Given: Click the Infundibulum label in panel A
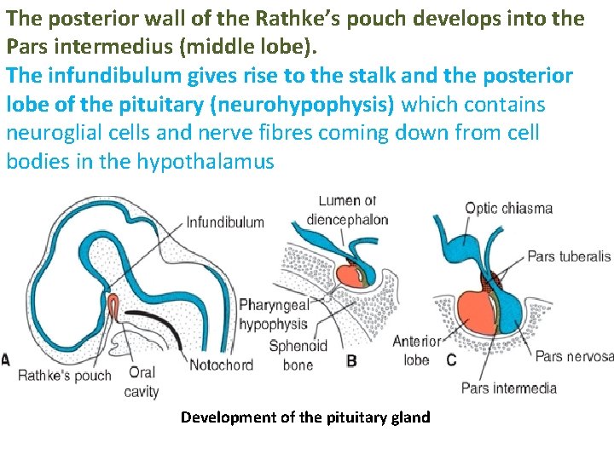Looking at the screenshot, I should [x=225, y=222].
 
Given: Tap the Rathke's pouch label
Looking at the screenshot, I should [x=65, y=375].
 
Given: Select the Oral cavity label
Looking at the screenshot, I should [x=142, y=382].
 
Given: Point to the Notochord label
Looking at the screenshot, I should [x=220, y=365].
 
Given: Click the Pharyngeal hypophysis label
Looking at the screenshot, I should [x=273, y=313].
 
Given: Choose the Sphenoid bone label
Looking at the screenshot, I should [x=298, y=355].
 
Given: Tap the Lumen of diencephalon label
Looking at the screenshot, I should [x=347, y=210].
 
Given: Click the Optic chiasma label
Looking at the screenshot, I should [x=508, y=208].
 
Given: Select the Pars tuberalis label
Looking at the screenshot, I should [x=569, y=256].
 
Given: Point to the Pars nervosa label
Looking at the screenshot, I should [x=574, y=356].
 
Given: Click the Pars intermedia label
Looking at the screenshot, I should [x=509, y=388].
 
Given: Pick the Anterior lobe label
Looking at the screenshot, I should [x=416, y=350].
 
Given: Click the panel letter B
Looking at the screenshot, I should [x=351, y=360].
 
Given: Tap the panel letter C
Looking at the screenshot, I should [x=452, y=360].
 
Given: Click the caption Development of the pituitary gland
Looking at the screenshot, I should [x=305, y=417].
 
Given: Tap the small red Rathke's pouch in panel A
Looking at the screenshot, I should [x=113, y=305].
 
